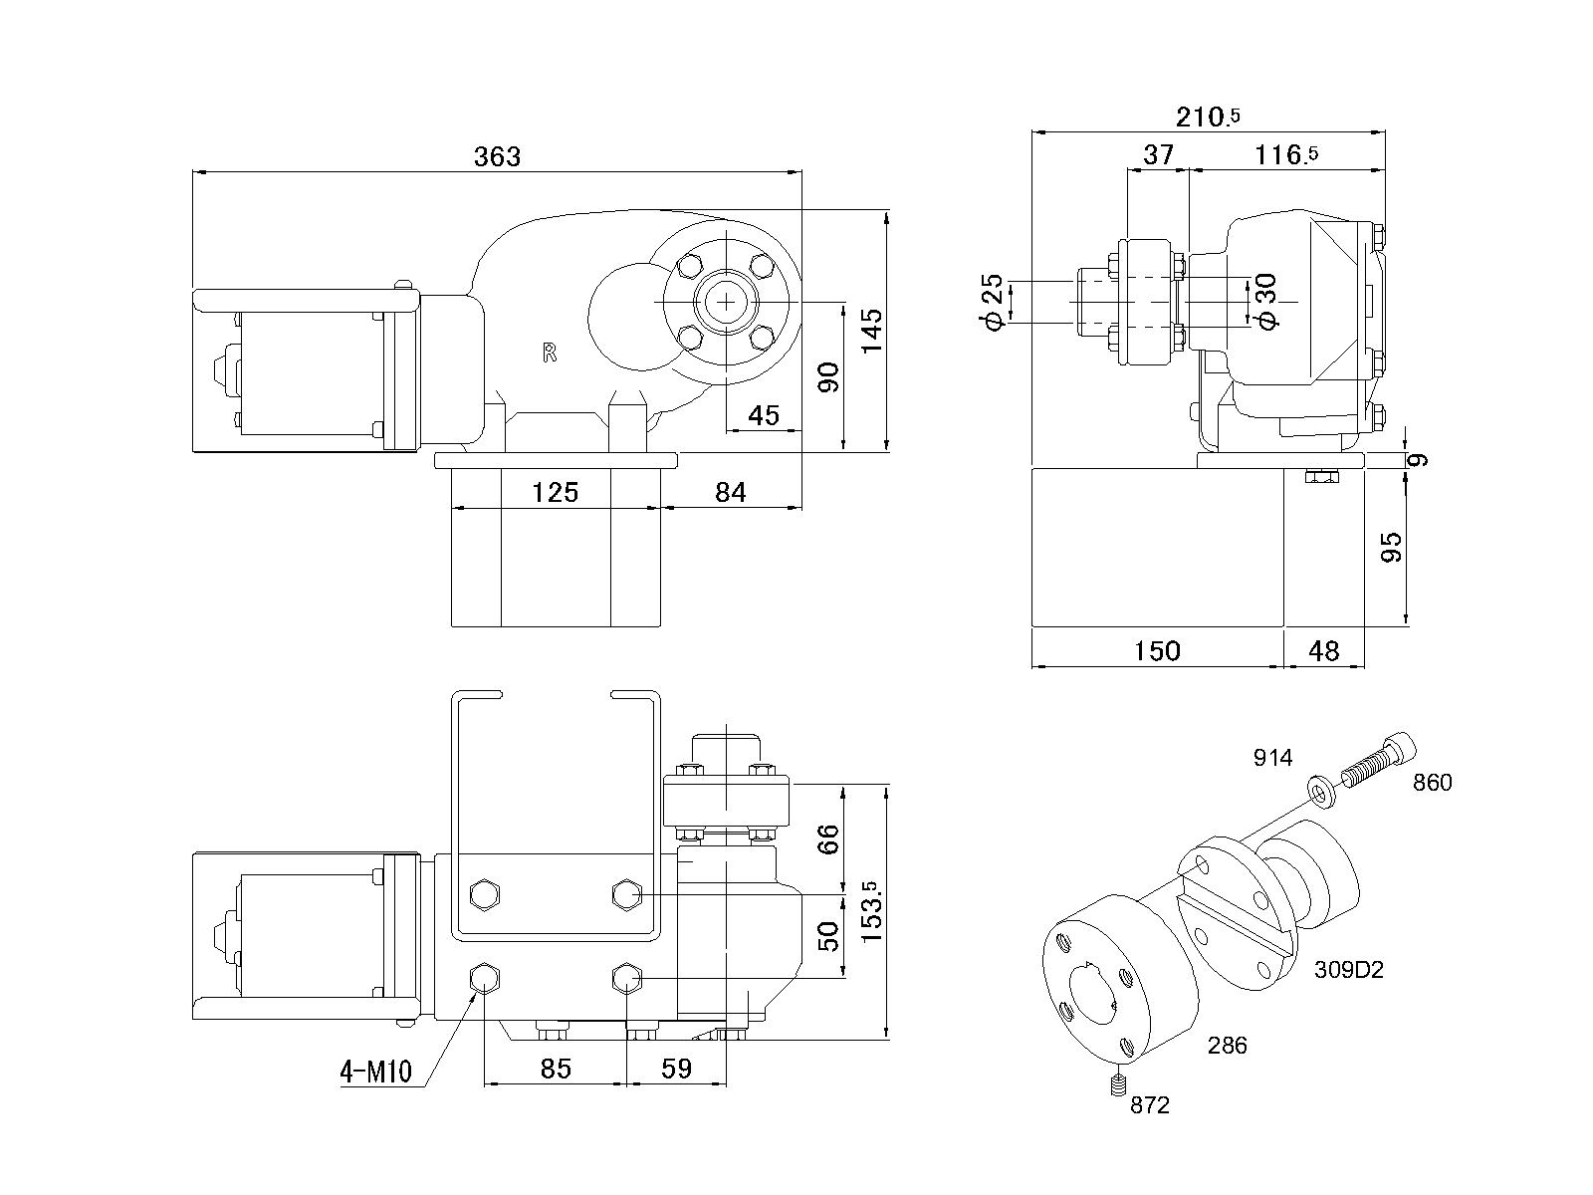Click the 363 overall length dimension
[497, 156]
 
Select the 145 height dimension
[872, 331]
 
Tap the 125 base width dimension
[555, 492]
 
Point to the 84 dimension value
[731, 492]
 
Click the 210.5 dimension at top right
[1208, 117]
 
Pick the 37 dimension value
[1158, 154]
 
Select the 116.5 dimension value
[1286, 154]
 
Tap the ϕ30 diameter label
[1265, 302]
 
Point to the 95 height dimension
[1392, 547]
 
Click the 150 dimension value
[1157, 651]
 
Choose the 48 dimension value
[1323, 651]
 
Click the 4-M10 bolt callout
[375, 1073]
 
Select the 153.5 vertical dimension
[872, 911]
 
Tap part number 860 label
[1433, 783]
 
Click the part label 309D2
[1348, 969]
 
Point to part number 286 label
[1227, 1046]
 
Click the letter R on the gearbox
[549, 353]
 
